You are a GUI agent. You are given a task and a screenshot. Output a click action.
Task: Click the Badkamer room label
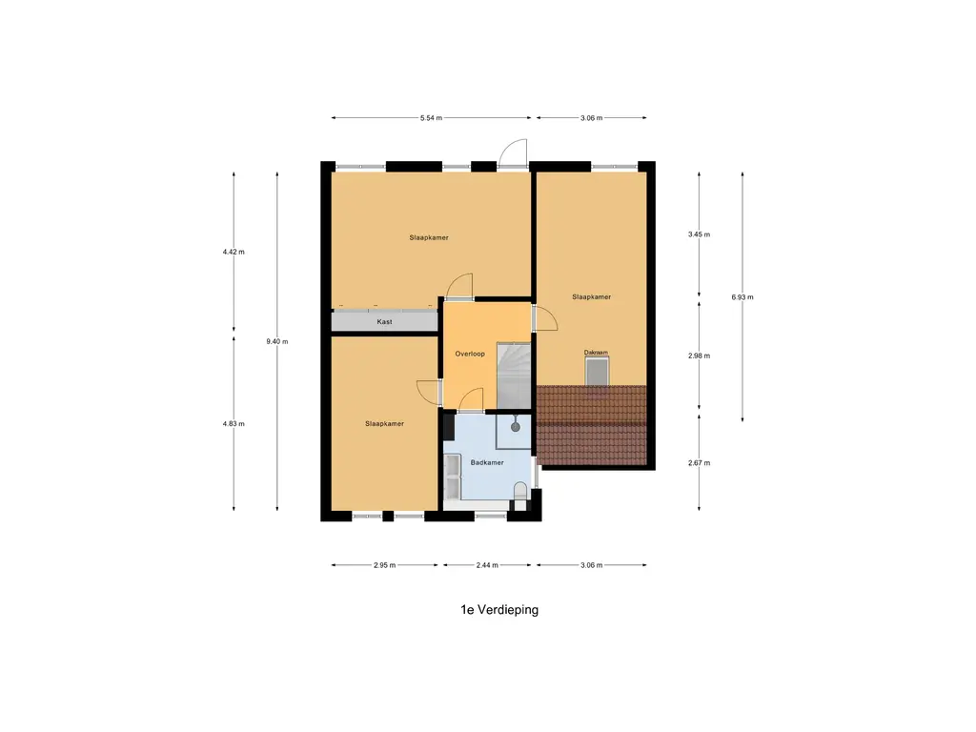(x=486, y=463)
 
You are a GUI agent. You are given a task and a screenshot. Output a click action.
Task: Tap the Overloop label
(x=470, y=354)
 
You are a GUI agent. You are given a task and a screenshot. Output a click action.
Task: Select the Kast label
(x=385, y=322)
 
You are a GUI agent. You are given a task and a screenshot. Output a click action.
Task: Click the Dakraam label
(x=596, y=353)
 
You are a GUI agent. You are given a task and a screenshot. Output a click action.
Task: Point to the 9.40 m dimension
(x=278, y=341)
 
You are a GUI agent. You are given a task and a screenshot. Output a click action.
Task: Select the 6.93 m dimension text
(x=742, y=297)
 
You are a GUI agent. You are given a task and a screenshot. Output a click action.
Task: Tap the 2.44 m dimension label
(x=487, y=565)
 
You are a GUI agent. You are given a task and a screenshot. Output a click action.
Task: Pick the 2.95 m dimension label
(x=384, y=565)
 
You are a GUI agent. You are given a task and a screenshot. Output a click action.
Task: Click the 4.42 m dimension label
(x=234, y=253)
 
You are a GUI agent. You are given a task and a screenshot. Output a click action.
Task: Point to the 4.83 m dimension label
(x=234, y=424)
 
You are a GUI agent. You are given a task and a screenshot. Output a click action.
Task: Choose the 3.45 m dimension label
(x=700, y=234)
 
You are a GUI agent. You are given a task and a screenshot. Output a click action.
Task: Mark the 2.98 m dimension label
(x=700, y=356)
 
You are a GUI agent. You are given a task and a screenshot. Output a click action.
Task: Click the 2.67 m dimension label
(x=700, y=463)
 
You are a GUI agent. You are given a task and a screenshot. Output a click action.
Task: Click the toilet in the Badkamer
(x=520, y=492)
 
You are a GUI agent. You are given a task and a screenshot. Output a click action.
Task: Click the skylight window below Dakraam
(x=596, y=372)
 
